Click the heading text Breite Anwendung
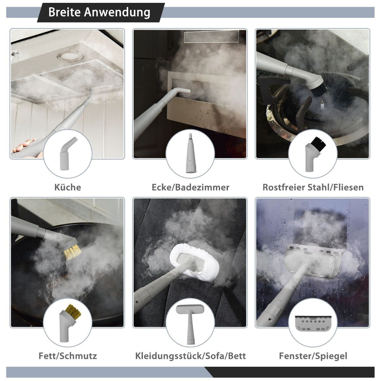(x=99, y=12)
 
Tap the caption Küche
(x=68, y=187)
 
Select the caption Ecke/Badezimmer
(x=190, y=187)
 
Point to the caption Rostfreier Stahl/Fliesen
(x=313, y=187)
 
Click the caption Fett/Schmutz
(x=68, y=356)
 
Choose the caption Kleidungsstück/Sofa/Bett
(x=190, y=356)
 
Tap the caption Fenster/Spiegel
(x=313, y=356)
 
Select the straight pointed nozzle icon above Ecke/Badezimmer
(x=190, y=153)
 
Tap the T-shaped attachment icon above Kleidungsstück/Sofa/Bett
(x=190, y=323)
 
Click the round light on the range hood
(x=70, y=56)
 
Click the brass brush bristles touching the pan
(x=72, y=252)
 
